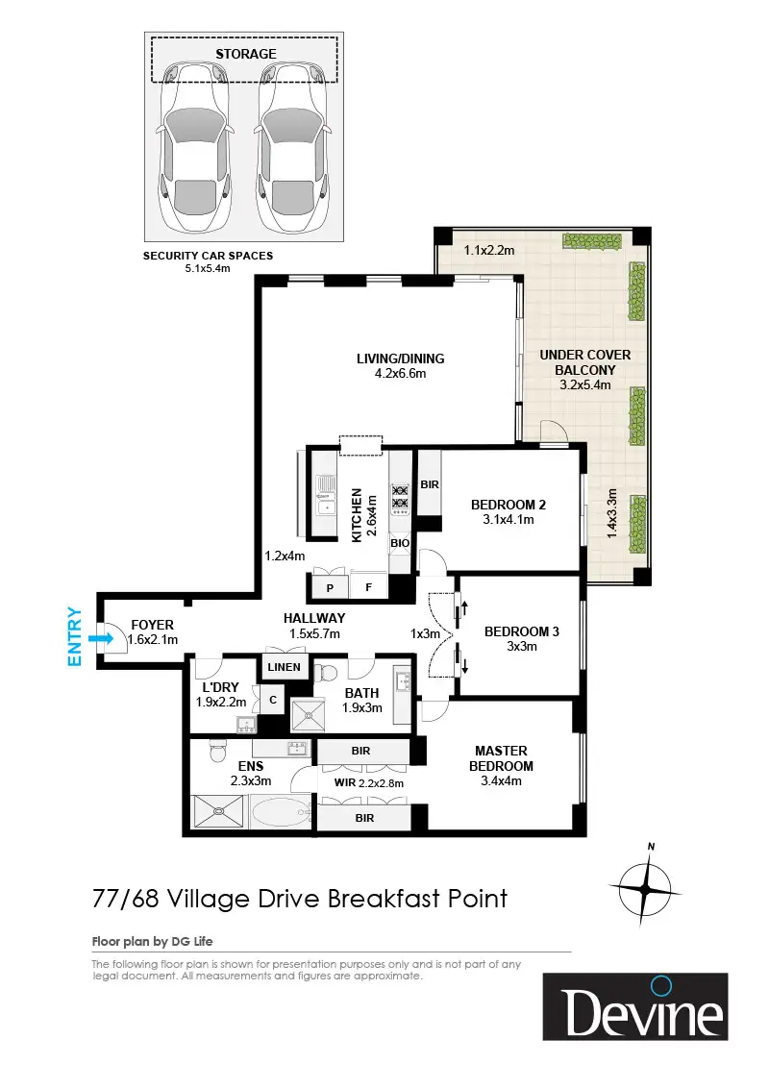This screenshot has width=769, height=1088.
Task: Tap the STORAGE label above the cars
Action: pyautogui.click(x=246, y=54)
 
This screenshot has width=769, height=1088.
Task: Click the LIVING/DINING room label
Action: pyautogui.click(x=401, y=359)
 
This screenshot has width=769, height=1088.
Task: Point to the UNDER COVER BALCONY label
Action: pyautogui.click(x=585, y=362)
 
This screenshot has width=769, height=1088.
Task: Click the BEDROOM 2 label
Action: pyautogui.click(x=509, y=506)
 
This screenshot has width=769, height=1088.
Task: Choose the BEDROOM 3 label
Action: pyautogui.click(x=521, y=631)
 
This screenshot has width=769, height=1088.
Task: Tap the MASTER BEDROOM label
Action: pyautogui.click(x=501, y=758)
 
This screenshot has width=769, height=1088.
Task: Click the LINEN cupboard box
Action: pyautogui.click(x=285, y=667)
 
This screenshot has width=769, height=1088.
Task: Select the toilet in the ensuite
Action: pyautogui.click(x=216, y=750)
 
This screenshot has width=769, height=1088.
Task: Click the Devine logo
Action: pyautogui.click(x=635, y=1007)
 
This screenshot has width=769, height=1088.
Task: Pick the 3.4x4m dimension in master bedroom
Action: pyautogui.click(x=501, y=781)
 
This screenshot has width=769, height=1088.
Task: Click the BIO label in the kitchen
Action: pyautogui.click(x=400, y=543)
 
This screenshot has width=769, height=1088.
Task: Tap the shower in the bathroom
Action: pyautogui.click(x=308, y=715)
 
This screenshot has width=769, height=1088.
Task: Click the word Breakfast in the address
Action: pyautogui.click(x=384, y=899)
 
